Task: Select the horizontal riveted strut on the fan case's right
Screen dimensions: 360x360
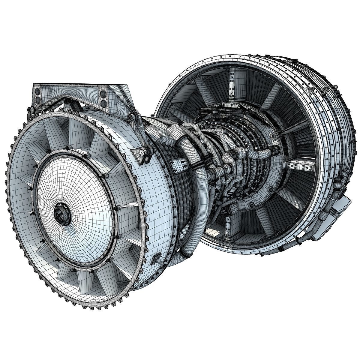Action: pos(300,164)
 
